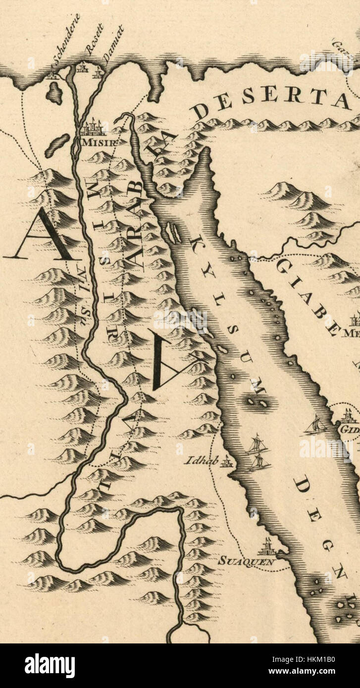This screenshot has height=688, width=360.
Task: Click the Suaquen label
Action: coord(247,562)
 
